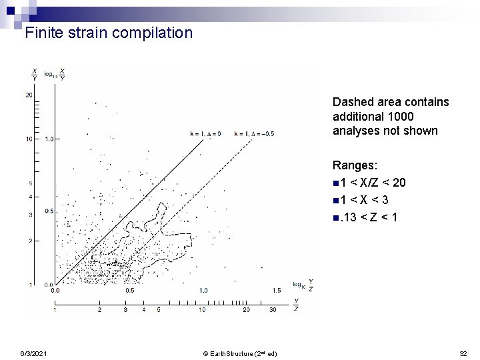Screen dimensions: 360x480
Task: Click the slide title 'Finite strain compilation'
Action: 108,32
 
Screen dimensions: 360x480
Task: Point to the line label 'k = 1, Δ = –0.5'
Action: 254,134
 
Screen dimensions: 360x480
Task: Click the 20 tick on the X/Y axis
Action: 29,95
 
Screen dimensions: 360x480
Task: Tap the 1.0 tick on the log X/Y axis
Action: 49,139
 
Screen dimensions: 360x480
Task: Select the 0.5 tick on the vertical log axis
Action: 49,211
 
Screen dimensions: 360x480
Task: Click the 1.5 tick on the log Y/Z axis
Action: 276,291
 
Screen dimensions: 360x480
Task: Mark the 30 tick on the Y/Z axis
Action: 273,310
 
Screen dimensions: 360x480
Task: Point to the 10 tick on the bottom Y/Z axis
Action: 202,310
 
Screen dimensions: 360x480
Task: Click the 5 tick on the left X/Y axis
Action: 31,184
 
